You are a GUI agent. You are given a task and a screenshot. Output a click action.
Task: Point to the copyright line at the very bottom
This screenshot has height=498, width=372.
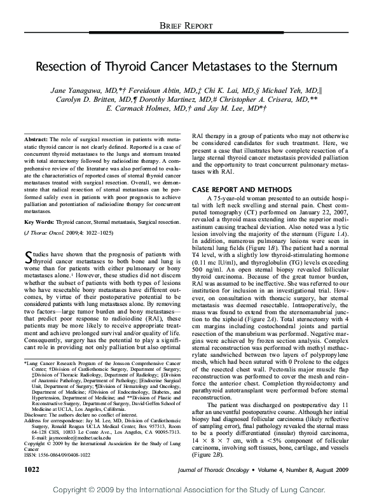186,491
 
